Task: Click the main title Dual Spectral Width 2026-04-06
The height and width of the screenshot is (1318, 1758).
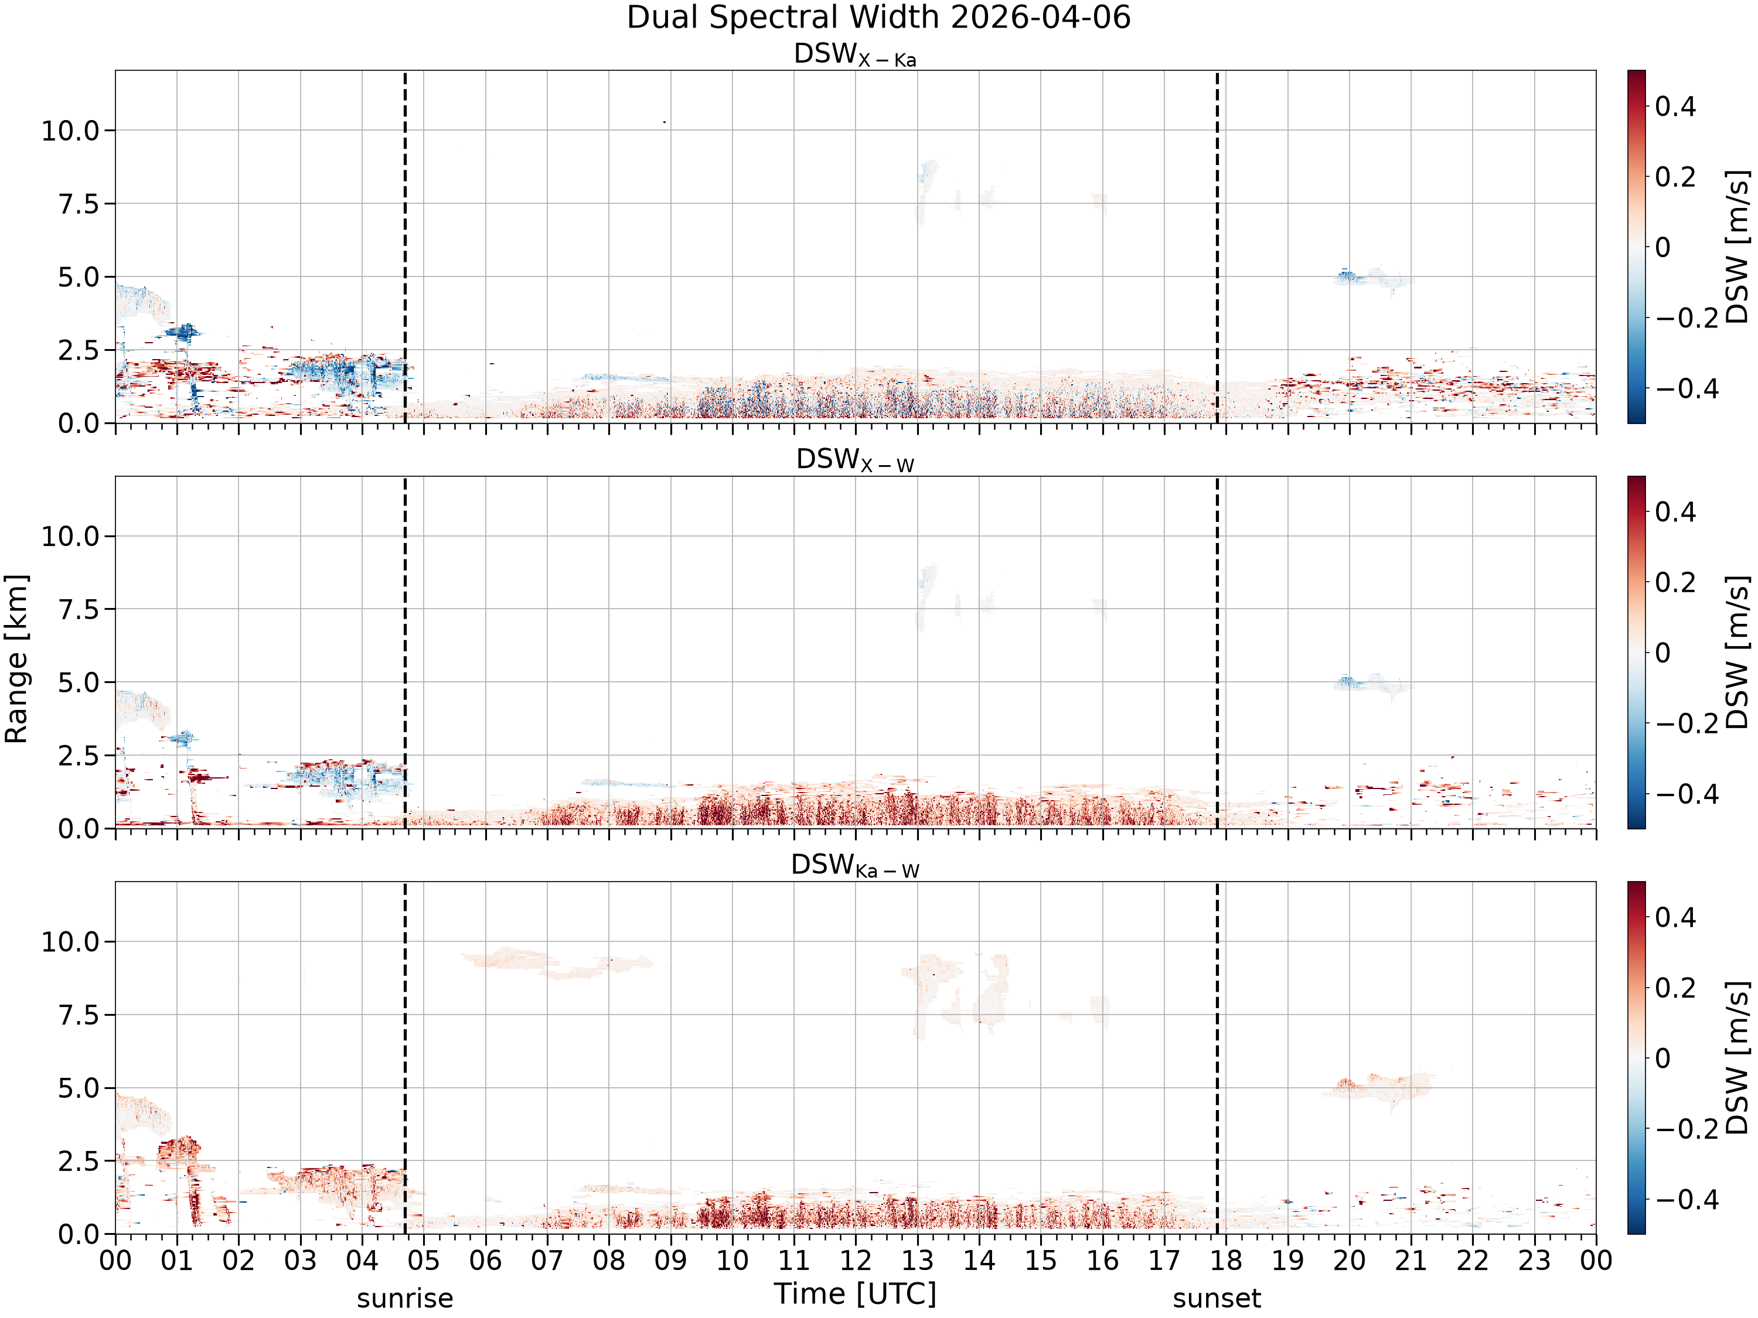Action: tap(878, 18)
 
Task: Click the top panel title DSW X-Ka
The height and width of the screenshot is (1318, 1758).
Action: tap(855, 55)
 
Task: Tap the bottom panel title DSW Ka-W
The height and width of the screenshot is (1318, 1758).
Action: tap(855, 866)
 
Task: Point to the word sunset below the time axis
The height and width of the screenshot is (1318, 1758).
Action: tap(1217, 1299)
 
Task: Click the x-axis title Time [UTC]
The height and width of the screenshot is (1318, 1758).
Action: tap(855, 1294)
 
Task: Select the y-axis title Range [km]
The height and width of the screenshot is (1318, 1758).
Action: tap(16, 658)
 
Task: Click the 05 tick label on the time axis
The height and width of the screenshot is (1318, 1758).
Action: tap(424, 1261)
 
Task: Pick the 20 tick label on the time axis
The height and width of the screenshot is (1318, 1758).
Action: tap(1349, 1261)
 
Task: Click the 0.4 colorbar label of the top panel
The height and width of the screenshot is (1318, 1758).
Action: tap(1675, 107)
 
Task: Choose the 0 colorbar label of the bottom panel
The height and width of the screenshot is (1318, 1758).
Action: tap(1662, 1059)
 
